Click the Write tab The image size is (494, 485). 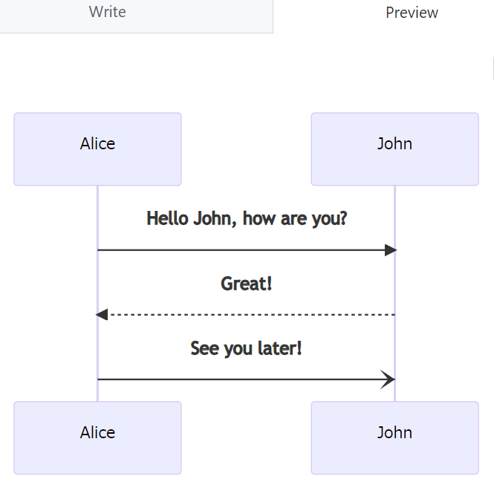107,13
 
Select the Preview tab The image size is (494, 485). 412,13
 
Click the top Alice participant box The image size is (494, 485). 97,149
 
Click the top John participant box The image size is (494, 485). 394,149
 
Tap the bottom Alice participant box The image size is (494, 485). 97,437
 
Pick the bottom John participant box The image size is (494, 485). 394,437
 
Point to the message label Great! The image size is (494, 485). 247,284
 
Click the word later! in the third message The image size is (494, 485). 279,348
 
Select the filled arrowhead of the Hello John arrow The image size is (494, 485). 391,250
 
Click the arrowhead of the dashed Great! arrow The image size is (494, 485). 102,315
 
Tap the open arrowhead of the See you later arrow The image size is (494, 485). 389,380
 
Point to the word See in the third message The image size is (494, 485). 204,348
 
